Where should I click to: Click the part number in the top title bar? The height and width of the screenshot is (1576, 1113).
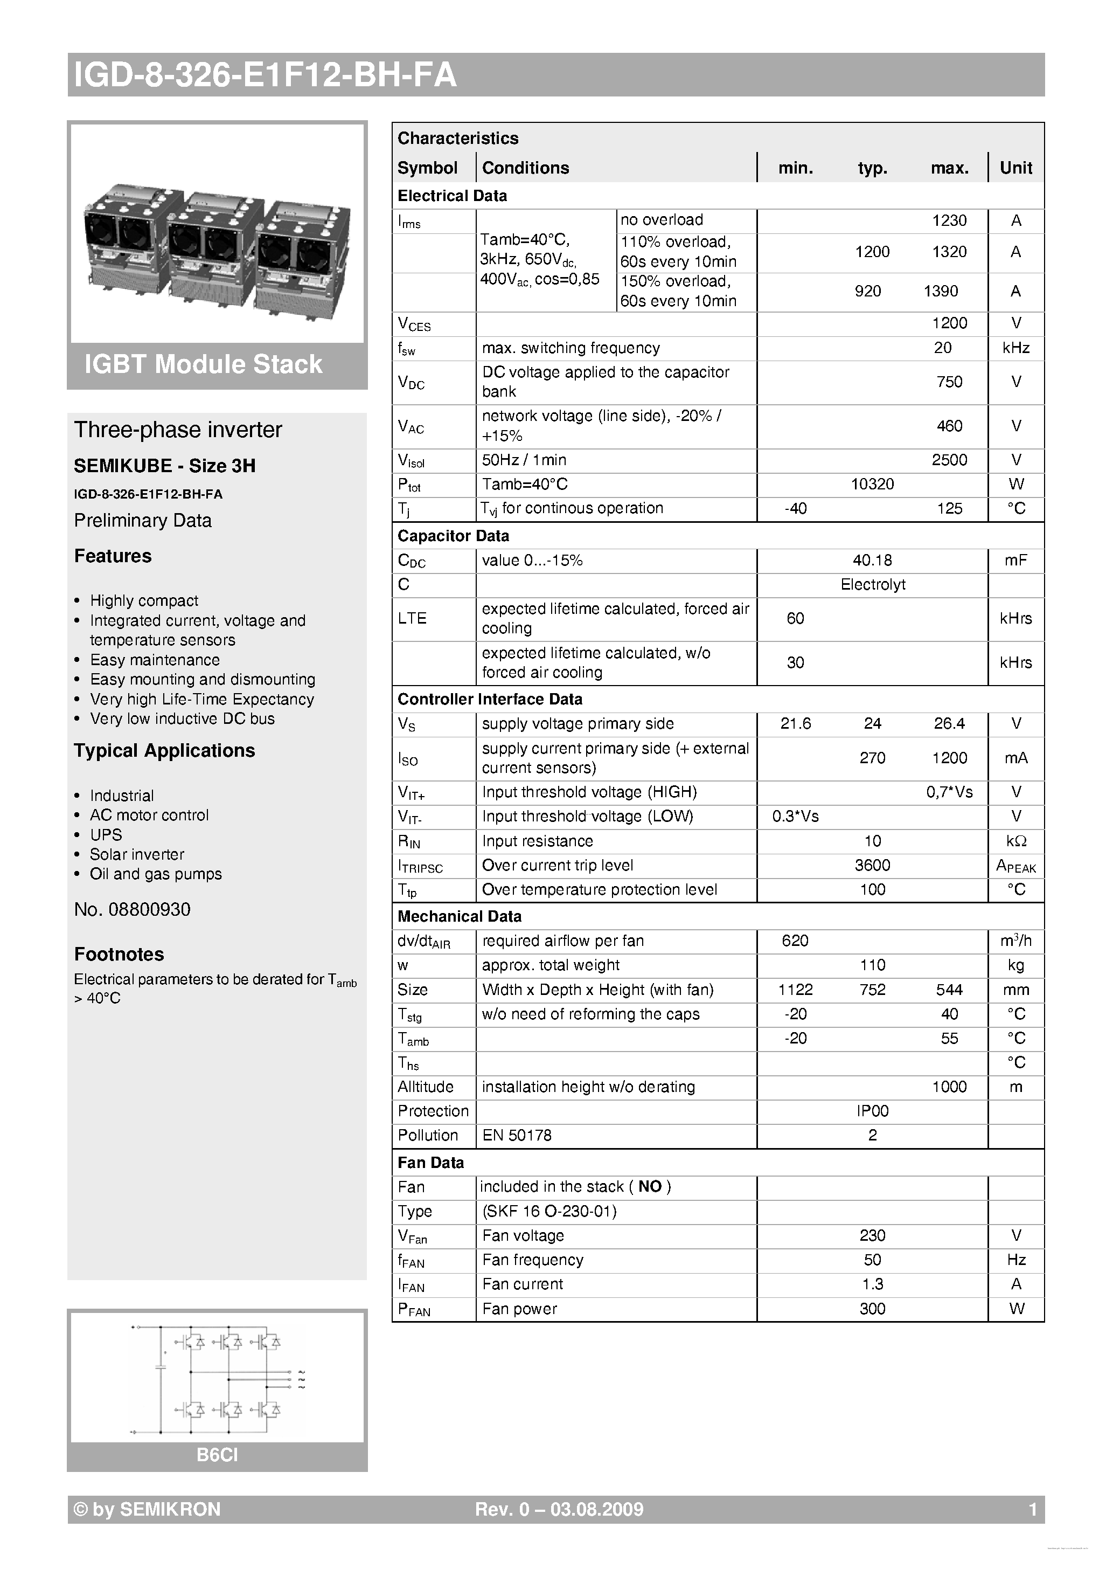coord(264,75)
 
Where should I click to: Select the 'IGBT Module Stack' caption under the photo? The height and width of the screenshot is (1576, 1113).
coord(203,364)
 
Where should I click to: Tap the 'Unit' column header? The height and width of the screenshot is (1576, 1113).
coord(1015,168)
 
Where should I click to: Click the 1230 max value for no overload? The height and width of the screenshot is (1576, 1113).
coord(949,221)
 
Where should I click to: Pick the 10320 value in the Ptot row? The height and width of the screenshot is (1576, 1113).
coord(872,485)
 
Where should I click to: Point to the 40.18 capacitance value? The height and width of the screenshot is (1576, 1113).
coord(872,561)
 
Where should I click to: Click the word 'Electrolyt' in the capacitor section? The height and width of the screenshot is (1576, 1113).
coord(872,585)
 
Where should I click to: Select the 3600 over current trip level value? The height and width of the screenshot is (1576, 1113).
coord(872,866)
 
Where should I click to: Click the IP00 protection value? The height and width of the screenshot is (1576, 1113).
coord(872,1111)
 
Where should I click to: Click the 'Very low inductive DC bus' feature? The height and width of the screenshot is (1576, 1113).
coord(182,718)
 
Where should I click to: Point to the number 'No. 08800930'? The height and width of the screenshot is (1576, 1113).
coord(133,909)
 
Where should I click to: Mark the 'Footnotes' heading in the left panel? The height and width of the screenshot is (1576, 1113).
coord(119,954)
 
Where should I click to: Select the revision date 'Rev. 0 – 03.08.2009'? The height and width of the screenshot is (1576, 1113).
coord(559,1509)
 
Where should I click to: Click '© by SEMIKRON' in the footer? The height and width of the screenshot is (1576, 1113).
coord(147,1509)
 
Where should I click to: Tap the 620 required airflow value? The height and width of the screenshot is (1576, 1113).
coord(795,941)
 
